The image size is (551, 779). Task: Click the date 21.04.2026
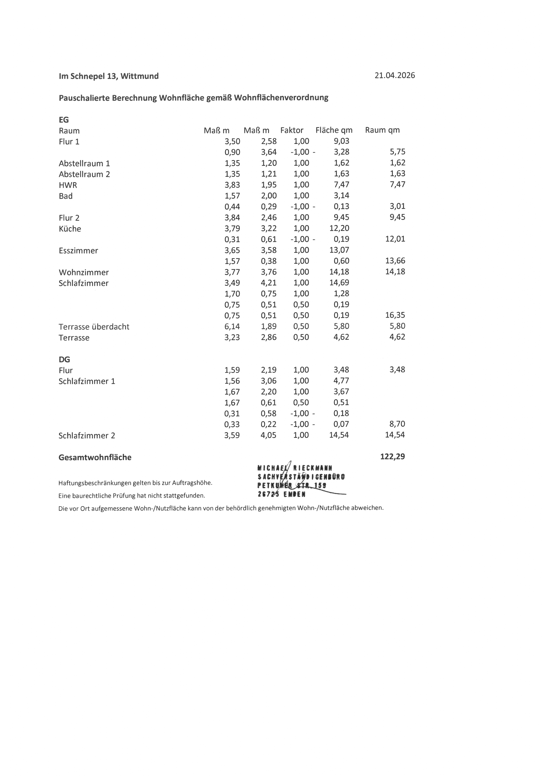[x=394, y=75]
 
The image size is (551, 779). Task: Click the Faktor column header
[x=292, y=130]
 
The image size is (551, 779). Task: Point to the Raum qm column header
[x=382, y=130]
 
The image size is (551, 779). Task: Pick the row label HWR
[x=68, y=185]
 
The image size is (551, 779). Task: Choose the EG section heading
[x=64, y=120]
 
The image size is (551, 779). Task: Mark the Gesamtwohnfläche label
[x=95, y=457]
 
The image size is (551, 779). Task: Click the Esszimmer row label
[x=78, y=251]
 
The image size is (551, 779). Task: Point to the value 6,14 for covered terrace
[x=232, y=326]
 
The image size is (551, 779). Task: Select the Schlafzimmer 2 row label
[x=87, y=436]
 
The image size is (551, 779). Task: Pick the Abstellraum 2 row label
[x=85, y=174]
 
